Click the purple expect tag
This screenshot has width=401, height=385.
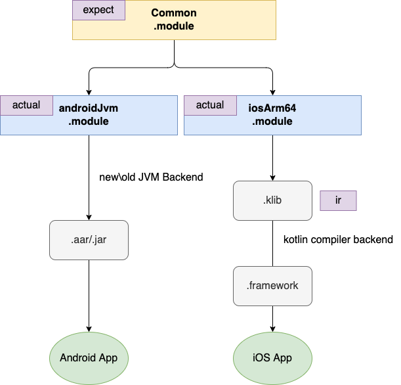[x=98, y=10]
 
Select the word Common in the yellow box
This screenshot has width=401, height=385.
[x=174, y=13]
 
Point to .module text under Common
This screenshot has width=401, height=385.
[x=174, y=26]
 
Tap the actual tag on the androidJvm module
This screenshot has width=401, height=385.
[x=26, y=105]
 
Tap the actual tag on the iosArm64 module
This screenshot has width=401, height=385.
[x=210, y=105]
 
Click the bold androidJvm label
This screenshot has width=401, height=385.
[x=89, y=108]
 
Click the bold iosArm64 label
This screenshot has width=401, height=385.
[x=272, y=108]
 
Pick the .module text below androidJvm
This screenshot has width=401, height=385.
[x=89, y=122]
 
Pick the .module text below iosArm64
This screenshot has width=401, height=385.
[x=272, y=122]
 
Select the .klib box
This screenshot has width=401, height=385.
[x=272, y=200]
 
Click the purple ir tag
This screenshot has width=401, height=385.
[x=338, y=200]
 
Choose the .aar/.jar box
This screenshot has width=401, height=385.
[x=89, y=240]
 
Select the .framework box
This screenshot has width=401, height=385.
[x=272, y=286]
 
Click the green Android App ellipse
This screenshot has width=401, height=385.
[x=89, y=358]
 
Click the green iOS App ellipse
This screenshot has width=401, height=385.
[x=272, y=358]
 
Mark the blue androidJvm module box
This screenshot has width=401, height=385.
[x=144, y=125]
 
